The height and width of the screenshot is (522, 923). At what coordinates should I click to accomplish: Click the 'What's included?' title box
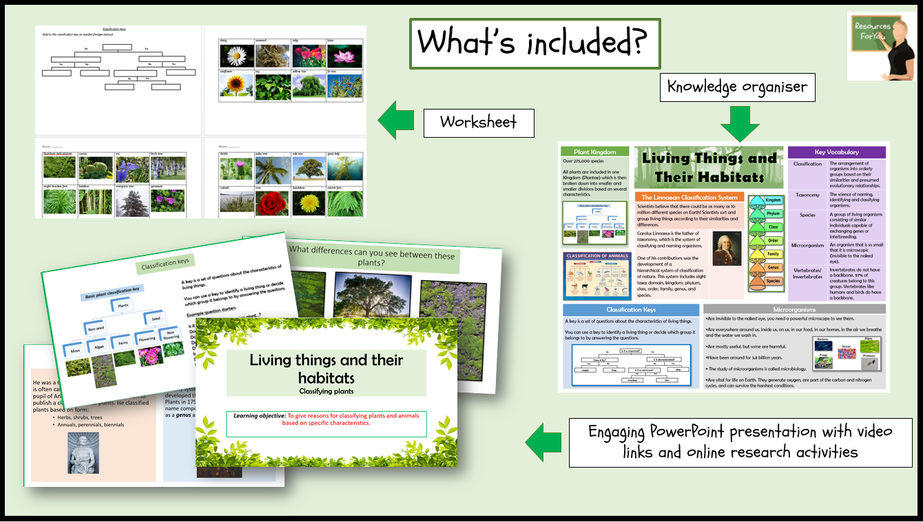pyautogui.click(x=535, y=43)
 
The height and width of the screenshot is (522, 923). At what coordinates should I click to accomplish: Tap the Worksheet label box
pyautogui.click(x=479, y=123)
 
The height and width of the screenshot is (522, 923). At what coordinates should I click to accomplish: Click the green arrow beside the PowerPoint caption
pyautogui.click(x=543, y=441)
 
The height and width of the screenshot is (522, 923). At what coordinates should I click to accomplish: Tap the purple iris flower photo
pyautogui.click(x=132, y=169)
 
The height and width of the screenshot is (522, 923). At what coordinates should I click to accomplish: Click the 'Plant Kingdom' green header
pyautogui.click(x=594, y=152)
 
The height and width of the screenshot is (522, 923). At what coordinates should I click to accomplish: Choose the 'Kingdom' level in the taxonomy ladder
pyautogui.click(x=773, y=199)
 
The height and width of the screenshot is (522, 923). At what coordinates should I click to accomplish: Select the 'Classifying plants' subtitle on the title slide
pyautogui.click(x=326, y=391)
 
